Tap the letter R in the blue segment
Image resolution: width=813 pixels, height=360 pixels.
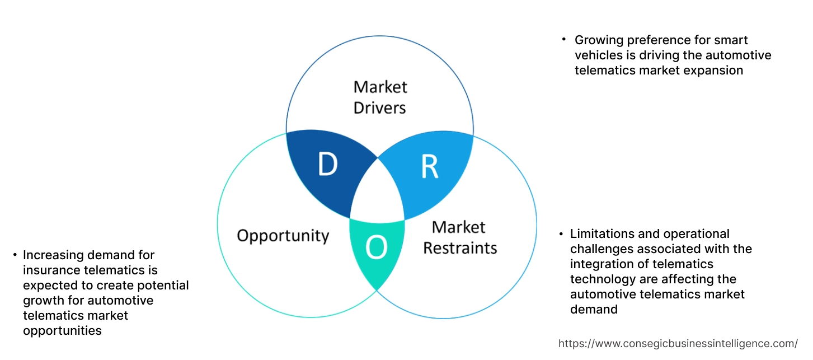click(x=429, y=167)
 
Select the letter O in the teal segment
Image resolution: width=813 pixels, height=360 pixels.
click(x=377, y=249)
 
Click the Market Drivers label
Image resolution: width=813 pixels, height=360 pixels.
click(x=380, y=97)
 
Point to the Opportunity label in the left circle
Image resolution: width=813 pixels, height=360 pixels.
click(x=283, y=235)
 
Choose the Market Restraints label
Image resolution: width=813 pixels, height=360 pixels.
click(x=460, y=237)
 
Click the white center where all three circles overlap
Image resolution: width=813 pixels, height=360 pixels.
click(x=378, y=193)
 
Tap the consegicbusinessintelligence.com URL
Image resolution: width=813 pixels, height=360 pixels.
click(x=678, y=343)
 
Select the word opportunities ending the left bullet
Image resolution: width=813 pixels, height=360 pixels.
click(x=62, y=331)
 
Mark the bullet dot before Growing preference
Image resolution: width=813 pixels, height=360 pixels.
click(x=564, y=40)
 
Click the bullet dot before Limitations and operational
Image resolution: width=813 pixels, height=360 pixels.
click(x=560, y=233)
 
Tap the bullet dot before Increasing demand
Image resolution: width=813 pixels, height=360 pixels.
click(x=15, y=255)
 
